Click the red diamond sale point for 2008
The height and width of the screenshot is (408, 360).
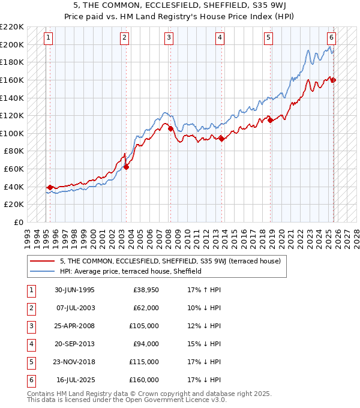tap(170, 128)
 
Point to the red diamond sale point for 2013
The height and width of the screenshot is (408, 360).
tap(221, 139)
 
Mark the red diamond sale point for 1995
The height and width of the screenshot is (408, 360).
tap(50, 187)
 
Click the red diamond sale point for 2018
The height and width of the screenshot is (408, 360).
tap(270, 120)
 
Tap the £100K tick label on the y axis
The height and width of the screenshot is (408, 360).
tap(13, 133)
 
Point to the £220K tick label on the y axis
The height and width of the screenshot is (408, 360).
tap(13, 27)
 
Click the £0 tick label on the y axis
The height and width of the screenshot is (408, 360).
tap(19, 222)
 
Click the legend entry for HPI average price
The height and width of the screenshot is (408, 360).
tap(130, 271)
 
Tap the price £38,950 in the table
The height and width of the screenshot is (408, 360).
tap(145, 290)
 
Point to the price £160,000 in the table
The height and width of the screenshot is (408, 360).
tap(144, 380)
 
